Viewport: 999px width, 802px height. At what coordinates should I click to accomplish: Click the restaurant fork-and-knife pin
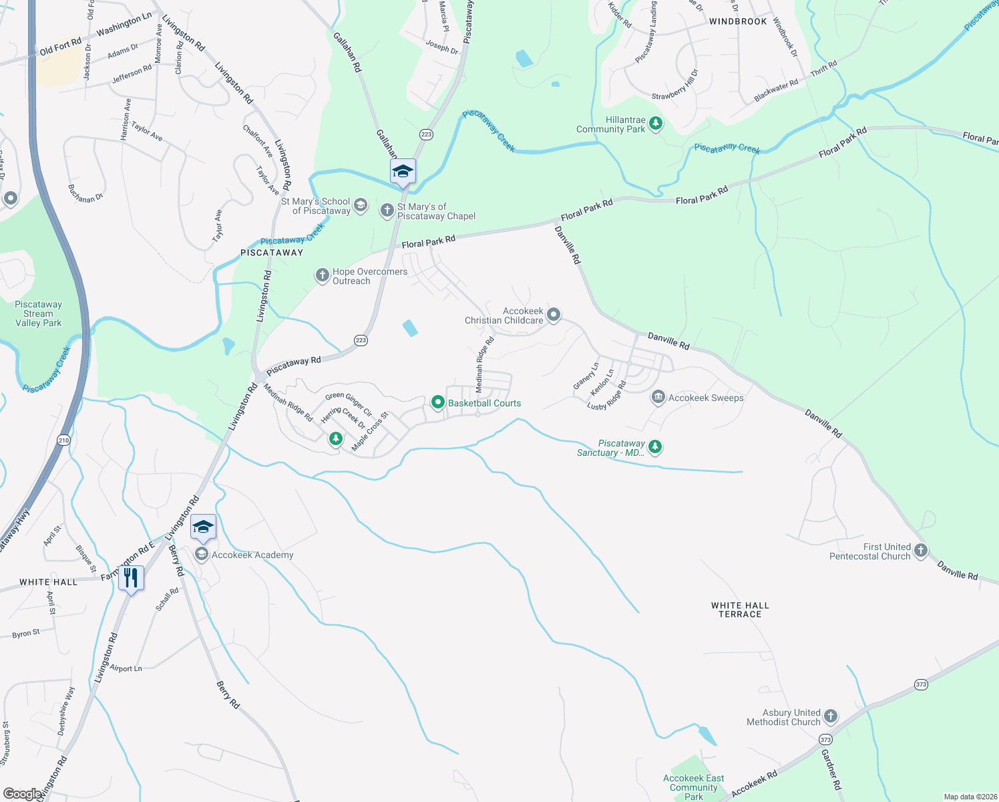click(131, 579)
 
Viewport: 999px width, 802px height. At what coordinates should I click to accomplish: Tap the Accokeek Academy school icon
click(201, 555)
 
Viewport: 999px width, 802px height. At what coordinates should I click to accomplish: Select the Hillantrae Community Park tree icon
click(656, 124)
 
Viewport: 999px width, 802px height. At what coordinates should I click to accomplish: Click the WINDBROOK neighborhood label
click(738, 21)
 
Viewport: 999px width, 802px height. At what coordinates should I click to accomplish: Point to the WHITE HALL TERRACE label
click(740, 610)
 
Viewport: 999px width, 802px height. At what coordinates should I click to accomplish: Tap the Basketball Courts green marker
click(438, 402)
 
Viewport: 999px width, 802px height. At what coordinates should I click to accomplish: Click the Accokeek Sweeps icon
click(658, 398)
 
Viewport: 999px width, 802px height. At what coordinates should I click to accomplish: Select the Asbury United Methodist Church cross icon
click(830, 716)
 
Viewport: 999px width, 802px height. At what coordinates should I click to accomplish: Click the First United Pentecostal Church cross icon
click(920, 551)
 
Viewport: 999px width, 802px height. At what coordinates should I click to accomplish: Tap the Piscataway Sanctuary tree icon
click(655, 446)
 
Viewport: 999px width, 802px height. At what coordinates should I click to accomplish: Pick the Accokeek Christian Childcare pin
click(554, 315)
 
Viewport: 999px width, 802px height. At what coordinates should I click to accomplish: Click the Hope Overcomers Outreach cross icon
click(322, 275)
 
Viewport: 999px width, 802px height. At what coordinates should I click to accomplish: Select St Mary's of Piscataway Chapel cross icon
click(387, 211)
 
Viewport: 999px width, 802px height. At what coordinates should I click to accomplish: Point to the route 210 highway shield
click(63, 440)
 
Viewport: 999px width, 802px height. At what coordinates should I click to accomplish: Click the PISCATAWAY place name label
click(272, 253)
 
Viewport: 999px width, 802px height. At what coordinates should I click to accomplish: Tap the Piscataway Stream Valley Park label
click(38, 313)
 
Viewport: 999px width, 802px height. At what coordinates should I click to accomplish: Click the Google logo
click(22, 793)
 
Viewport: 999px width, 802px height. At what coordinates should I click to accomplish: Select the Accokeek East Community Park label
click(693, 787)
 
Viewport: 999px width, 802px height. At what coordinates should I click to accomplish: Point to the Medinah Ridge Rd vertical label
click(484, 364)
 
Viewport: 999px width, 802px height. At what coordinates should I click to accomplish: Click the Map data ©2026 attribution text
click(968, 797)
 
